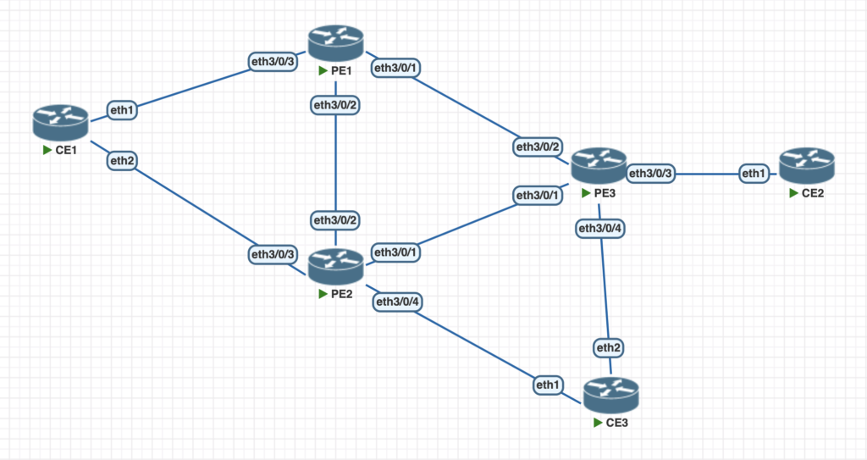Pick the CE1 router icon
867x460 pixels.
click(61, 123)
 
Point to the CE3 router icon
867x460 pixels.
click(610, 395)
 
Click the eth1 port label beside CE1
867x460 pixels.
click(122, 108)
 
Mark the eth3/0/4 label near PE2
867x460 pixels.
click(398, 302)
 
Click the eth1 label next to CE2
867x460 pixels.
click(753, 174)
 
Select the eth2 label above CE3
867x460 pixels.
click(609, 348)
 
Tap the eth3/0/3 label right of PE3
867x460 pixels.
click(651, 174)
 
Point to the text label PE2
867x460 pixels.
click(342, 294)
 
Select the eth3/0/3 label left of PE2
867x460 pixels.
click(273, 253)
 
